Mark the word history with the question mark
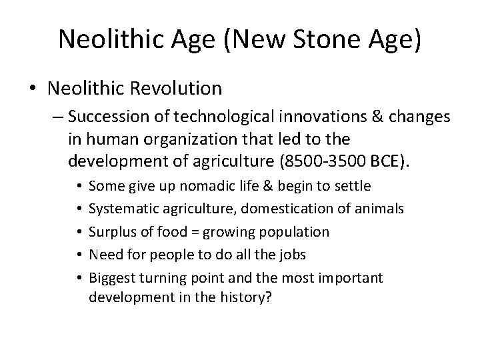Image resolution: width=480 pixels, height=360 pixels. [251, 297]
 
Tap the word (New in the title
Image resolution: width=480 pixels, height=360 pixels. [259, 39]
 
